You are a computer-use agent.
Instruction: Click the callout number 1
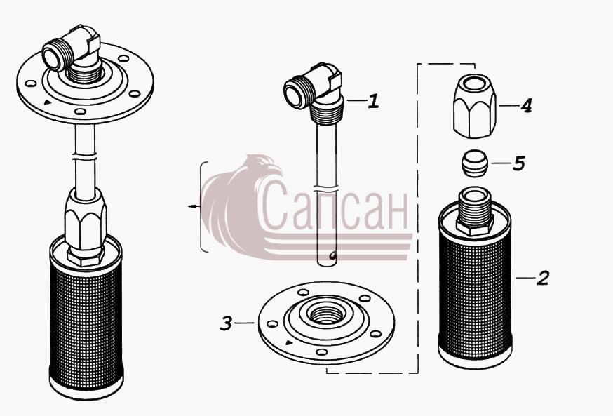point(374,101)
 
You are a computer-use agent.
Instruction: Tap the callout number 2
point(543,278)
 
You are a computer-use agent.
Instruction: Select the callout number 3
point(227,323)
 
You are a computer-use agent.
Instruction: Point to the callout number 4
point(526,105)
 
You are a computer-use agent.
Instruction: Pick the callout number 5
point(519,163)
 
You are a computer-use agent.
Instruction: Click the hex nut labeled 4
point(475,106)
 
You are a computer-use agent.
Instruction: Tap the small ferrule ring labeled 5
point(475,163)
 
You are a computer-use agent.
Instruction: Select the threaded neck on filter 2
point(474,210)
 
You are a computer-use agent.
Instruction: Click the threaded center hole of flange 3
point(326,312)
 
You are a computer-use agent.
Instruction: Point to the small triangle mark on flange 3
point(289,343)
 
